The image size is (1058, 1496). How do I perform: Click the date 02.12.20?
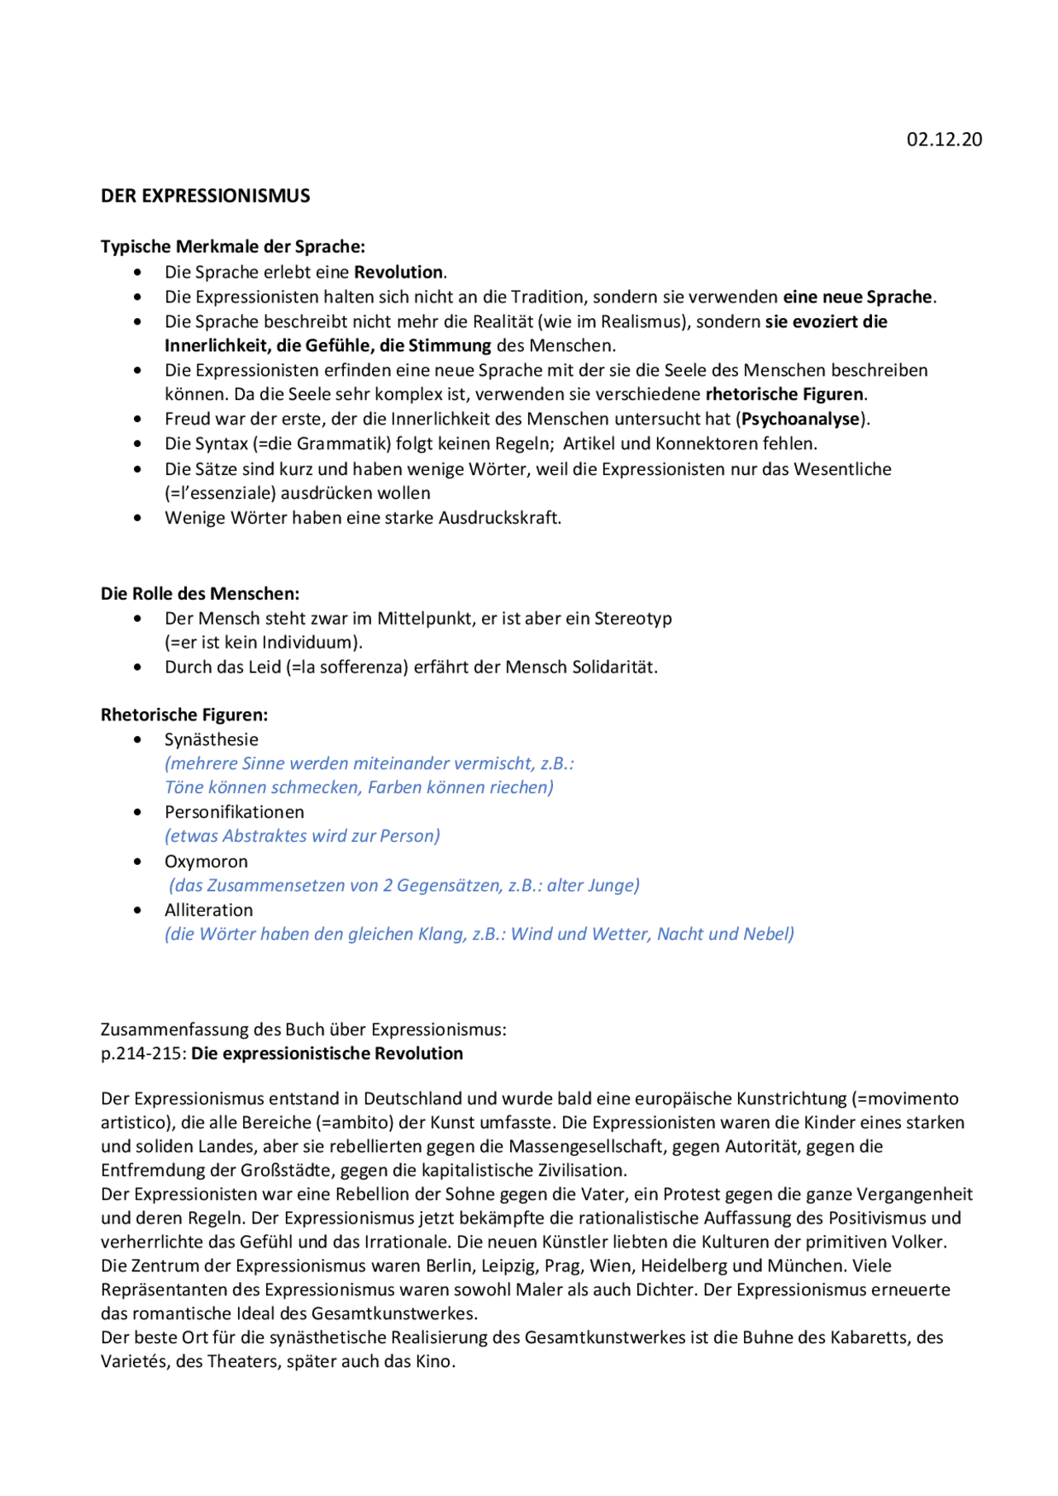click(x=944, y=140)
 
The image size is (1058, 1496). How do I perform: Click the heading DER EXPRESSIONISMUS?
click(x=205, y=196)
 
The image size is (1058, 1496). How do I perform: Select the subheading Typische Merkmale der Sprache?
click(x=232, y=246)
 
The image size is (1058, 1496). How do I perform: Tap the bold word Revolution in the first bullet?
click(x=399, y=272)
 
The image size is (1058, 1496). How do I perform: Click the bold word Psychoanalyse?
click(x=801, y=419)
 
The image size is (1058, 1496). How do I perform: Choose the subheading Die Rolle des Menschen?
click(x=199, y=593)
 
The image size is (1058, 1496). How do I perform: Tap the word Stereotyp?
click(x=632, y=618)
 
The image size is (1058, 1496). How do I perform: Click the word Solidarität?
click(x=614, y=667)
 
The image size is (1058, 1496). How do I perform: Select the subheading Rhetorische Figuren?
click(x=183, y=715)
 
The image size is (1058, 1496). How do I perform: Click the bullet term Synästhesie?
click(x=212, y=739)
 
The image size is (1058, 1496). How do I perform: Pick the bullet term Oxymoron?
click(x=206, y=861)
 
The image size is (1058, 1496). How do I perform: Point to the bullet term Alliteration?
click(x=208, y=909)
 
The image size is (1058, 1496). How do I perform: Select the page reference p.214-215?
click(x=142, y=1053)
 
